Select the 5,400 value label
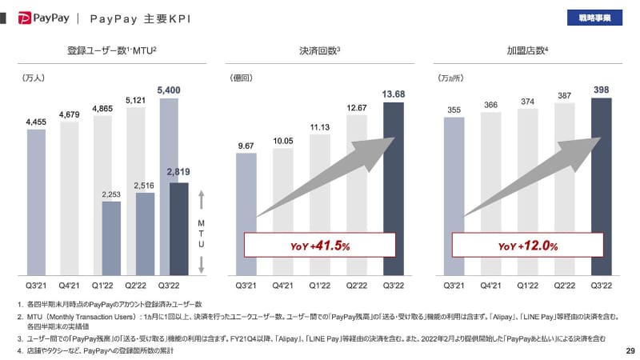tap(179, 90)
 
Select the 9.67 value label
tap(246, 145)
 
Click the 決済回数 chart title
tap(315, 52)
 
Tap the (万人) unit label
tap(34, 78)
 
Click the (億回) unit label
tap(242, 78)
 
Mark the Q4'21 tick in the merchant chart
tap(491, 285)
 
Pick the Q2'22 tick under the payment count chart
tap(356, 285)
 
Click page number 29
tap(629, 350)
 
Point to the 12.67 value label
tap(357, 107)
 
